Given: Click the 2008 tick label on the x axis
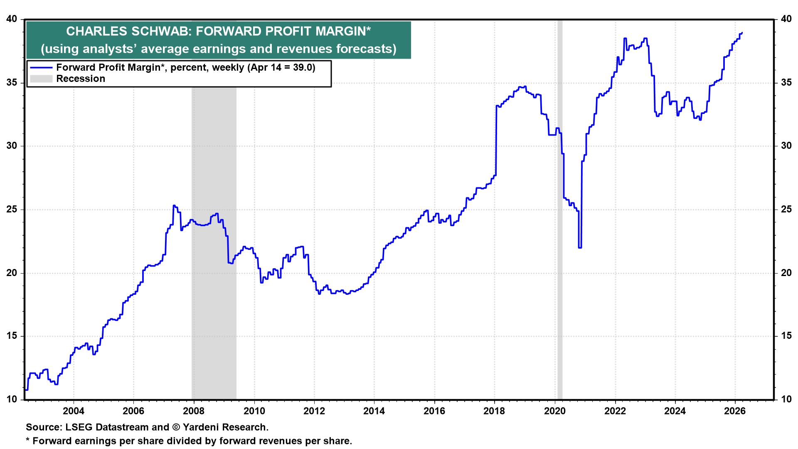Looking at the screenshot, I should click(194, 411).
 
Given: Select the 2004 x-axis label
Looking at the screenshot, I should click(74, 411).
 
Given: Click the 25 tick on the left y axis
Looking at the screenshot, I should click(12, 209).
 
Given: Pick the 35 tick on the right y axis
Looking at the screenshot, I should click(786, 82).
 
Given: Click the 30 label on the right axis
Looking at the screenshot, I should click(786, 146).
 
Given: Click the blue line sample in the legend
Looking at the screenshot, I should click(40, 68).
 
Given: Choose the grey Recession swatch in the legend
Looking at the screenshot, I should click(40, 79).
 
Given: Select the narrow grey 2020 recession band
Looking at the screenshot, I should click(560, 208).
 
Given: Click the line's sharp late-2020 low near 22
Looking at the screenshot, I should click(580, 248).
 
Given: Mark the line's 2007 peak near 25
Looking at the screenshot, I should click(174, 205).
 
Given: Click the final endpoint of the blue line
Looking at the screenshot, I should click(742, 33).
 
